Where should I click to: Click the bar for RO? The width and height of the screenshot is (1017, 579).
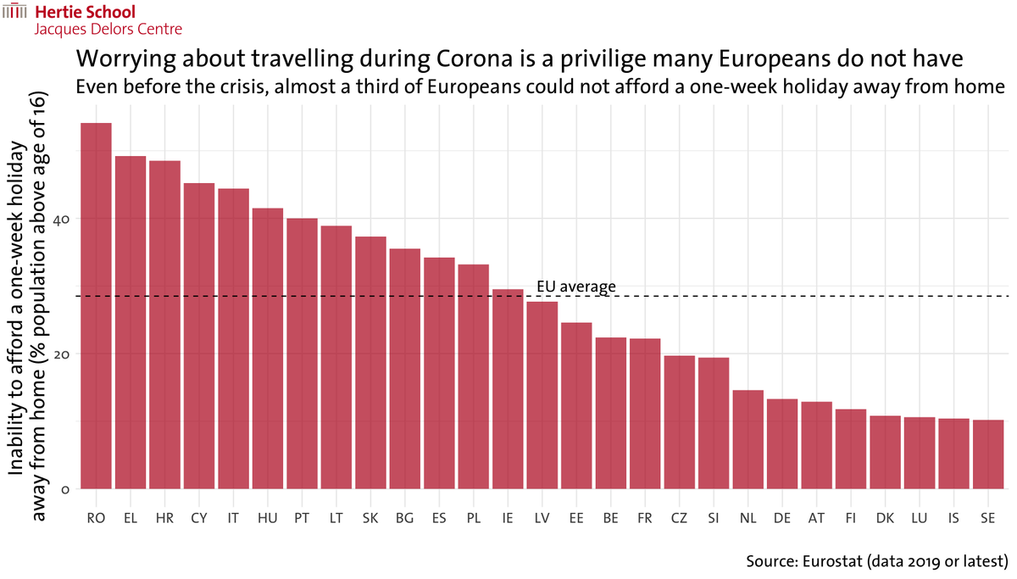pyautogui.click(x=96, y=306)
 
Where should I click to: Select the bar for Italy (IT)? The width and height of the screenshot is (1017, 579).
pyautogui.click(x=233, y=339)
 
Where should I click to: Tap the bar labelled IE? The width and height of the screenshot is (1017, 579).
pyautogui.click(x=508, y=389)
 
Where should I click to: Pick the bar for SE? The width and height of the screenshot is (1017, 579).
pyautogui.click(x=987, y=454)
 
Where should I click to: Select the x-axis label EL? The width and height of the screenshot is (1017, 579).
pyautogui.click(x=131, y=518)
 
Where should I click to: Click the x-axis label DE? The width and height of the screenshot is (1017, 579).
pyautogui.click(x=781, y=518)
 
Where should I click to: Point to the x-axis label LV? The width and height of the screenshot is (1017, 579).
pyautogui.click(x=542, y=518)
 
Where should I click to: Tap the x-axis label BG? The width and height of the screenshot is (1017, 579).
pyautogui.click(x=404, y=518)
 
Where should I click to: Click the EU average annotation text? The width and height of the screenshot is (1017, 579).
pyautogui.click(x=576, y=287)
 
